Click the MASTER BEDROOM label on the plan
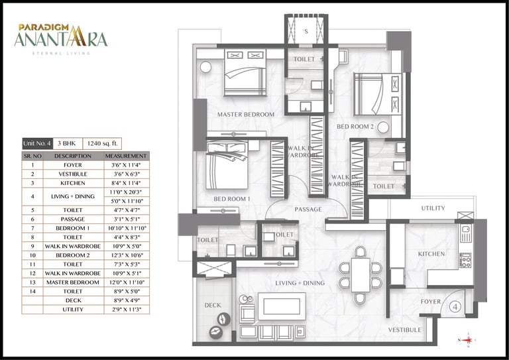(245, 115)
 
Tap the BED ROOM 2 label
(355, 126)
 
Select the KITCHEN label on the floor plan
(431, 254)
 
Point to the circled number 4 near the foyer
(456, 307)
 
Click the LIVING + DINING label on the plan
(300, 284)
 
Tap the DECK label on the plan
(212, 306)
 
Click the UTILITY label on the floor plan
(433, 209)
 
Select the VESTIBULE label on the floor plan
(404, 330)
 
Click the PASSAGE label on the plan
(308, 210)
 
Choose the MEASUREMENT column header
(125, 155)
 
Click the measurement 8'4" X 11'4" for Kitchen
(125, 182)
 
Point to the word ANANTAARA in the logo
(60, 38)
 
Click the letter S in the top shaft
(306, 31)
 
